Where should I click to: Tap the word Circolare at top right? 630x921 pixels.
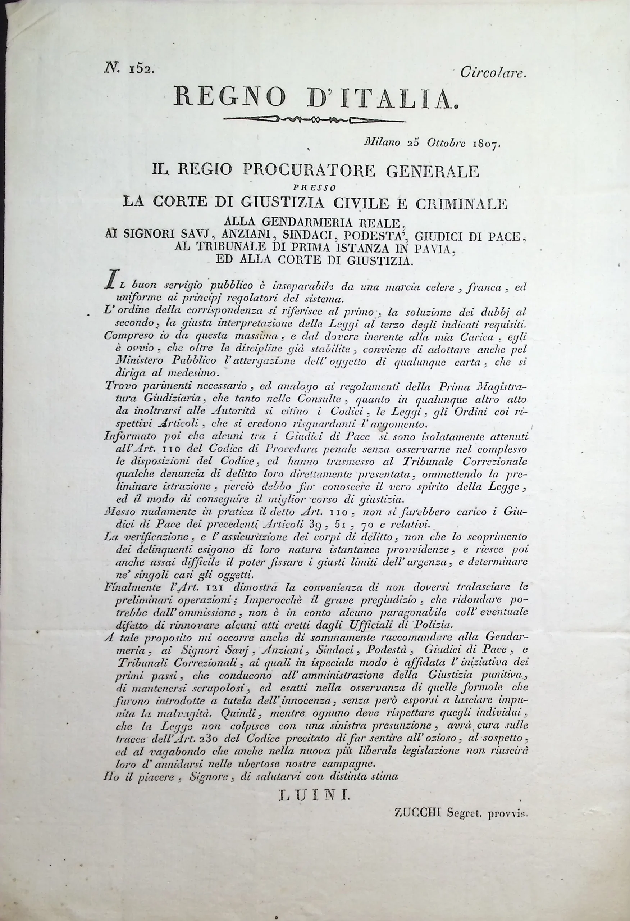(x=493, y=72)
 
